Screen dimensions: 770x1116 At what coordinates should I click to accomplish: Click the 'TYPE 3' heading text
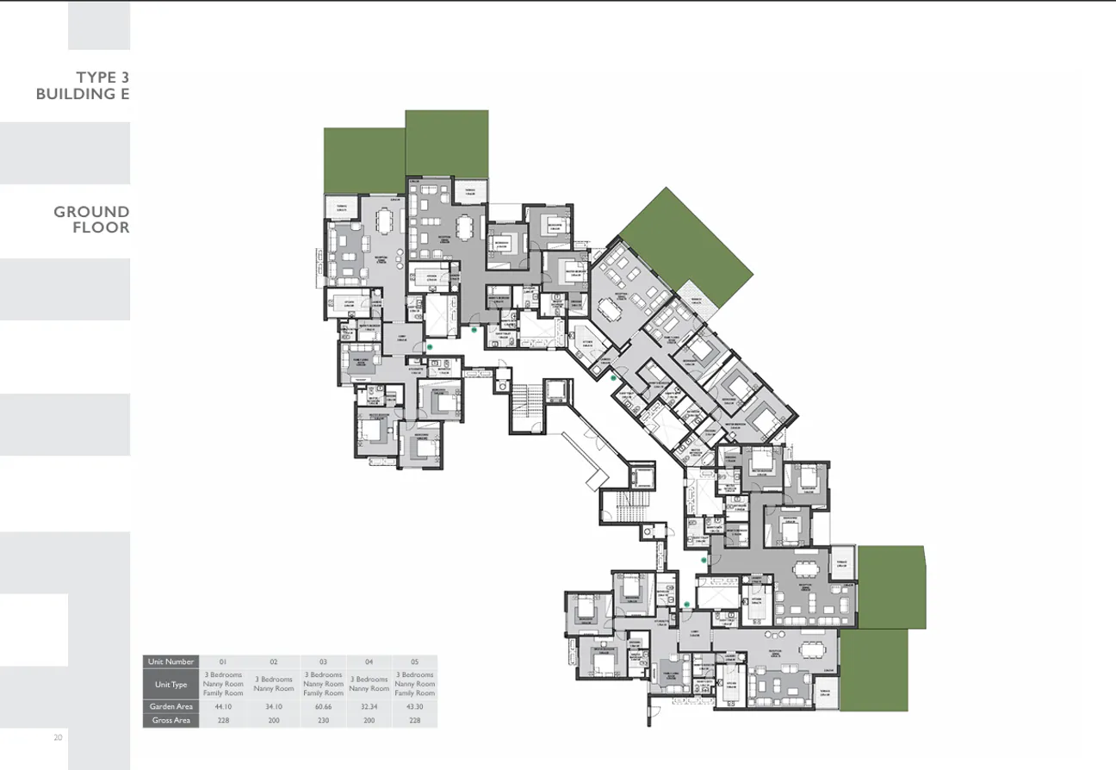coord(102,78)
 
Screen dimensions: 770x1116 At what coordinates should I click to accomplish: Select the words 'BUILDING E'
coord(83,94)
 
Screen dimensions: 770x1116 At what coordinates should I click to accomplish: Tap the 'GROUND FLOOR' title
coord(92,220)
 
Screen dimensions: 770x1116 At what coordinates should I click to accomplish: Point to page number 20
coord(58,738)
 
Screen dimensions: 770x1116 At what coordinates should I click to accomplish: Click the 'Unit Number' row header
coord(170,661)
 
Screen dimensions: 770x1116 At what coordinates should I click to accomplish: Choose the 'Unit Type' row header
coord(170,684)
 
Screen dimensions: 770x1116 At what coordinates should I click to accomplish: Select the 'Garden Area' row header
coord(170,706)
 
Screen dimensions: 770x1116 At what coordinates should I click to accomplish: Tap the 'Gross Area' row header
coord(170,720)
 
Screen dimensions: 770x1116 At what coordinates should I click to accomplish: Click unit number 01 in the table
coord(223,661)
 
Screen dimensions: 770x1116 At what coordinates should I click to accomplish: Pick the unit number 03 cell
coord(323,661)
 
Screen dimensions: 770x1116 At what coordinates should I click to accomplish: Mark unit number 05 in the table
coord(414,661)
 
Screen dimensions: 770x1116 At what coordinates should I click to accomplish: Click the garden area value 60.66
coord(323,706)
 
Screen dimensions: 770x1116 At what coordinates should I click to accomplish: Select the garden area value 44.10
coord(223,706)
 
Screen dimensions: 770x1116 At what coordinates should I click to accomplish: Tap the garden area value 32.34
coord(369,706)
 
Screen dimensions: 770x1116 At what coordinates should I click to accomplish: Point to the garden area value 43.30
coord(414,706)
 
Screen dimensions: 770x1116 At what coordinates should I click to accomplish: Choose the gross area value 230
coord(323,720)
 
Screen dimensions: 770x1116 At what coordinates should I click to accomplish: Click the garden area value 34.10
coord(273,706)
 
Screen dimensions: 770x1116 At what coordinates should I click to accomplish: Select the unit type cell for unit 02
coord(273,684)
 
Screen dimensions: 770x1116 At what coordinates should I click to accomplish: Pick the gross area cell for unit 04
coord(369,720)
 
